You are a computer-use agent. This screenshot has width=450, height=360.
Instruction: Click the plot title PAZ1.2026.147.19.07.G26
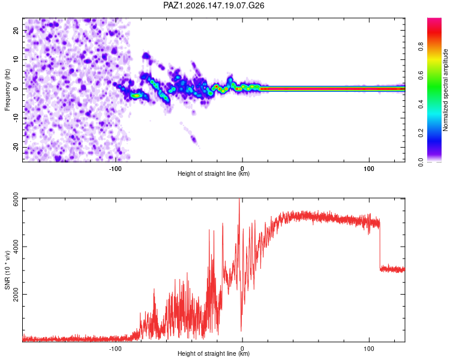(x=214, y=5)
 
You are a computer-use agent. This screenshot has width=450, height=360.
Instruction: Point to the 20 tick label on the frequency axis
(x=16, y=31)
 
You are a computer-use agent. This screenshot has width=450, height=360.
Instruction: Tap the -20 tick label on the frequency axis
(x=16, y=147)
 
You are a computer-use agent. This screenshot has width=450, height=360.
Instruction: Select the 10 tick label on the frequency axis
(x=16, y=59)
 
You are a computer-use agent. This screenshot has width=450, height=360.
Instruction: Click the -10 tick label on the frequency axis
(x=16, y=118)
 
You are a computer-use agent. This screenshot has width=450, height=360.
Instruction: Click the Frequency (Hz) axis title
(x=7, y=90)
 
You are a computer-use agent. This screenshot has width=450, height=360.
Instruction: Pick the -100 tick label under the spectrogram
(x=115, y=169)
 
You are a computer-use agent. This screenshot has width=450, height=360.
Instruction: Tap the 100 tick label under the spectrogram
(x=369, y=169)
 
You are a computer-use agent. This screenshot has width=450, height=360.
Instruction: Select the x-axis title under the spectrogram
(x=214, y=173)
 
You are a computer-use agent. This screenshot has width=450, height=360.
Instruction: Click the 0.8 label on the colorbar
(x=421, y=46)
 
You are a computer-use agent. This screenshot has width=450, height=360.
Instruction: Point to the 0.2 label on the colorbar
(x=421, y=133)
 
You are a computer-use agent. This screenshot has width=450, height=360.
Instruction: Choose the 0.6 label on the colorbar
(x=421, y=75)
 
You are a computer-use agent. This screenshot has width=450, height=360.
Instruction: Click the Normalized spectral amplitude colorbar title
(x=445, y=90)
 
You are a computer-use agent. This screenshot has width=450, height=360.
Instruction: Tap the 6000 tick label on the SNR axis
(x=16, y=199)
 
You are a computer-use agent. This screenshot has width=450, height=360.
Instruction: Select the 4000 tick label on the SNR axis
(x=16, y=247)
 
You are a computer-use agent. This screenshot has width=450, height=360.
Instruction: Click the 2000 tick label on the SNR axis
(x=16, y=294)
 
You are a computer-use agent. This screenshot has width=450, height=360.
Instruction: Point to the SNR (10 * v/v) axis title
(x=7, y=270)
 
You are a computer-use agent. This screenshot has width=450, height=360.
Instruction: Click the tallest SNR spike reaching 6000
(x=239, y=206)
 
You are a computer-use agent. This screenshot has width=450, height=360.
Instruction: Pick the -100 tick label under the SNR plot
(x=115, y=349)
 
